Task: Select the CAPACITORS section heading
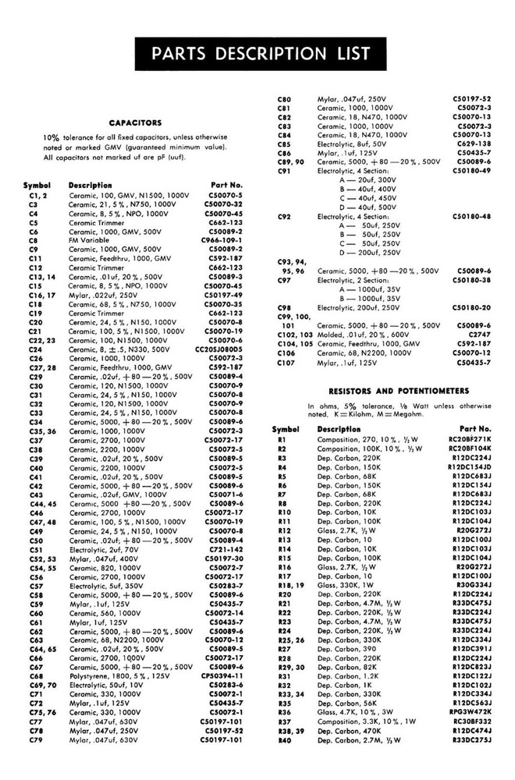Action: click(x=135, y=122)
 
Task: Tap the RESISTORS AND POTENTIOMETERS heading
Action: click(x=399, y=390)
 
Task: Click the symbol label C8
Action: click(x=34, y=241)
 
